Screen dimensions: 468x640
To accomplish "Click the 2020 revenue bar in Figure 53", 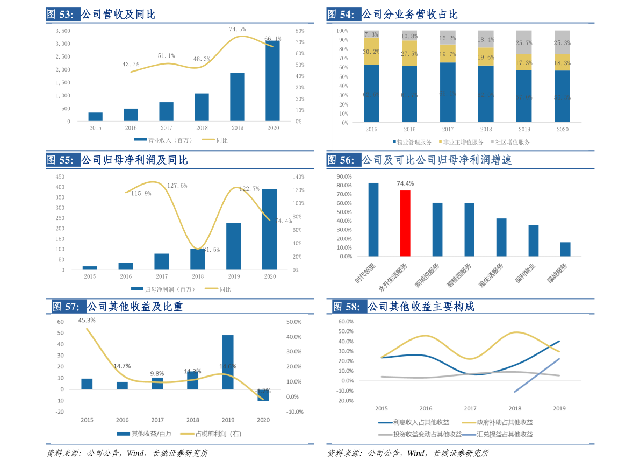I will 272,81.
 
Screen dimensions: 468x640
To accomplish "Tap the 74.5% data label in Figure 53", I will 237,29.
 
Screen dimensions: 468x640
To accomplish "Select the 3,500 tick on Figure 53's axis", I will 63,31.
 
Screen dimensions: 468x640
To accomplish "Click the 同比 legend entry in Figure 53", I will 216,140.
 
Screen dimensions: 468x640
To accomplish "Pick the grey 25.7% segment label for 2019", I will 524,43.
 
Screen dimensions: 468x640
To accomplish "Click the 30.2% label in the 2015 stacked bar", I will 371,52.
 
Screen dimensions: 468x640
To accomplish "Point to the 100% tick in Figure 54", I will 342,31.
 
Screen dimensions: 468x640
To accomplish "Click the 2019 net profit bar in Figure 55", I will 233,246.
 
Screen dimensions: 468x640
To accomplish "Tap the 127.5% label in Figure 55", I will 177,186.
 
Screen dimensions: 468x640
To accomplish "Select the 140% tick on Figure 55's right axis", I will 298,176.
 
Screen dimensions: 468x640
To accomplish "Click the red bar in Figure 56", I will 405,223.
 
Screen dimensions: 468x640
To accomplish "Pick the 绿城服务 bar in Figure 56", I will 565,249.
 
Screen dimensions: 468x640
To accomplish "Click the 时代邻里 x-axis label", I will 366,274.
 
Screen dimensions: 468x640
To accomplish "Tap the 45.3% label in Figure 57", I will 87,320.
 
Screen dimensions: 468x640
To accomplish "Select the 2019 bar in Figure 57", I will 228,362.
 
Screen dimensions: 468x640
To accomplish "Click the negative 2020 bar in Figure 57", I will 263,395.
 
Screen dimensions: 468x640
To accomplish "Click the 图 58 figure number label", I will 347,307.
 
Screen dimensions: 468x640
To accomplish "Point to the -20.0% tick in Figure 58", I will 346,401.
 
